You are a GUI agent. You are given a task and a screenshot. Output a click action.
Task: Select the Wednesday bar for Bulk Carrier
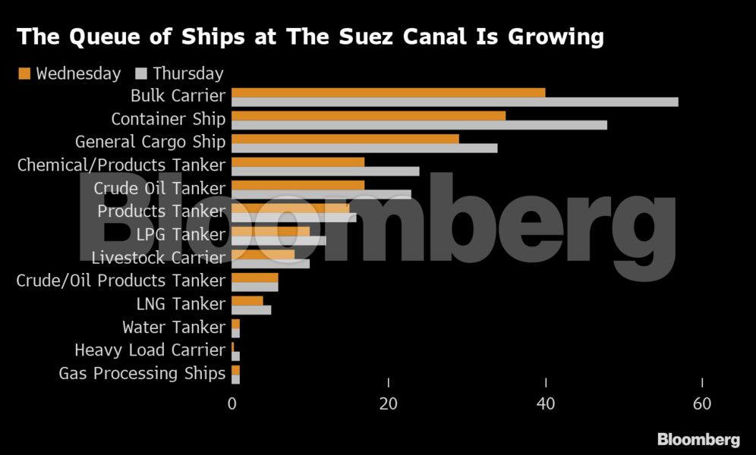tap(388, 93)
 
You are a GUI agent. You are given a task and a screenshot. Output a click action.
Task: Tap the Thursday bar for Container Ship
tap(419, 124)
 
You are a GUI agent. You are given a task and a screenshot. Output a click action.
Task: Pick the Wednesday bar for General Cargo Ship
tap(345, 139)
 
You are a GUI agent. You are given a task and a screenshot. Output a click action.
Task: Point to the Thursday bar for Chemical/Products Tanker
tap(325, 171)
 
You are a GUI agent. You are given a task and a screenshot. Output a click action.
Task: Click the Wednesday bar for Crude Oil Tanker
tap(298, 185)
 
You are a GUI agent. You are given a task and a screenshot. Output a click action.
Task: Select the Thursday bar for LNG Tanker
tap(250, 309)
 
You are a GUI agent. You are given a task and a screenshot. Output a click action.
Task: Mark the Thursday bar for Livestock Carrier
tap(270, 263)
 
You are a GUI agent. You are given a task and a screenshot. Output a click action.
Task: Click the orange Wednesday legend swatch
tap(24, 74)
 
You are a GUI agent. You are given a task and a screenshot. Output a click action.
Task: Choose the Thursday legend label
tap(188, 74)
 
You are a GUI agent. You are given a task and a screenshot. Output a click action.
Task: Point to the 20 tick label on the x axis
tap(388, 404)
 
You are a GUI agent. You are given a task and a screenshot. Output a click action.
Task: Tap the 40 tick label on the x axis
tap(545, 404)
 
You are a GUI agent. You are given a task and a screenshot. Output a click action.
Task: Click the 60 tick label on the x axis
tap(702, 404)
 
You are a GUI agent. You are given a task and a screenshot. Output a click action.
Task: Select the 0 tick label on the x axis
tap(232, 404)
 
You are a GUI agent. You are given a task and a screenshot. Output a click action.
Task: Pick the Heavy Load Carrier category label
tap(150, 350)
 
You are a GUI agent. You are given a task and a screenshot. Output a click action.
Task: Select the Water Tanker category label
tap(174, 327)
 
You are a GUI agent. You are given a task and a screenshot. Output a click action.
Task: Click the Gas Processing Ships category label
tap(142, 373)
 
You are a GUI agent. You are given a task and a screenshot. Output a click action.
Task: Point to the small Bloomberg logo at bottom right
tap(698, 439)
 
